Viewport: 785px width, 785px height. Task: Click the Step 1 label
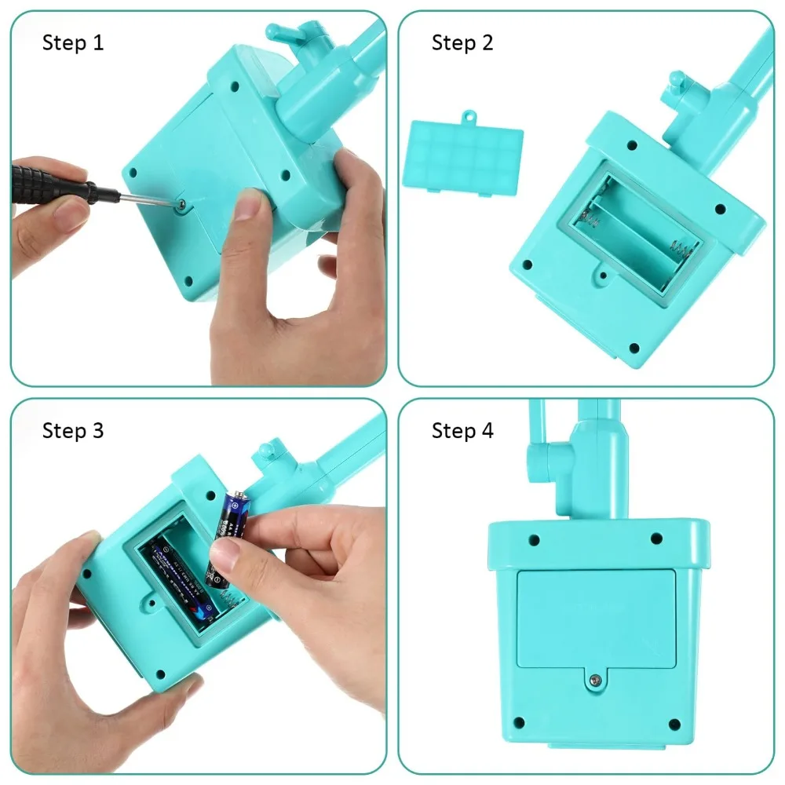click(x=73, y=42)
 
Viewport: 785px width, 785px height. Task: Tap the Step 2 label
click(x=462, y=42)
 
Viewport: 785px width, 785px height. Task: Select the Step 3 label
click(x=73, y=430)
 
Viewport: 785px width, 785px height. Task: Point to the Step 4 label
click(x=462, y=430)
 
